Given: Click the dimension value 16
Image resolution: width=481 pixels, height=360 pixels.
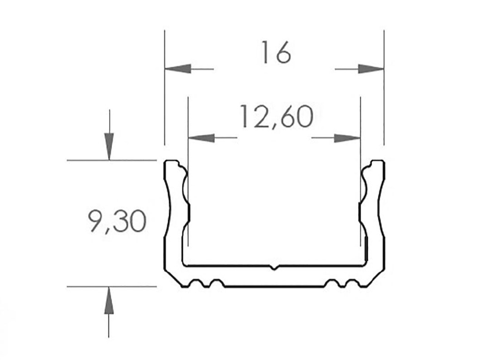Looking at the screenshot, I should pos(276,53).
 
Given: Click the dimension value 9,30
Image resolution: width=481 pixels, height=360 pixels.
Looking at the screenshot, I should pos(117,221).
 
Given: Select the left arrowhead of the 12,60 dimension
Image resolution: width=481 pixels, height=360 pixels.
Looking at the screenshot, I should pos(201,138).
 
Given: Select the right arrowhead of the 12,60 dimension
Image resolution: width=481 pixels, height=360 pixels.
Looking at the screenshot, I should pos(347,138).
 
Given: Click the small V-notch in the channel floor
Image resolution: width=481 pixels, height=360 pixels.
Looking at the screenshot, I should pos(274,268).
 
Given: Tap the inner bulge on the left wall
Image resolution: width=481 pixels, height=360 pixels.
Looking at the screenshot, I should pos(187,188).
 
